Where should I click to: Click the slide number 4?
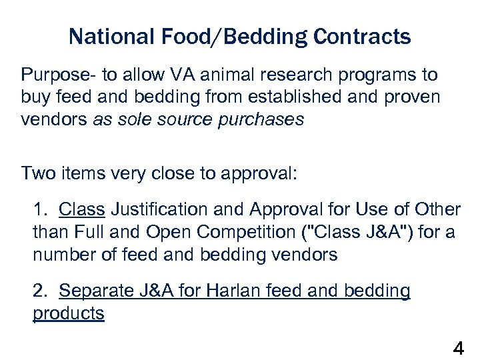point(459,348)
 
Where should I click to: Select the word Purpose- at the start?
point(54,74)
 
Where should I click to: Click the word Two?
point(37,174)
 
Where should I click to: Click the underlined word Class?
point(81,210)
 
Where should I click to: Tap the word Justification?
point(158,210)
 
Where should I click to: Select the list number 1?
point(40,210)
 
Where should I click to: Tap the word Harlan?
point(232,291)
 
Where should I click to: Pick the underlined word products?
point(69,313)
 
